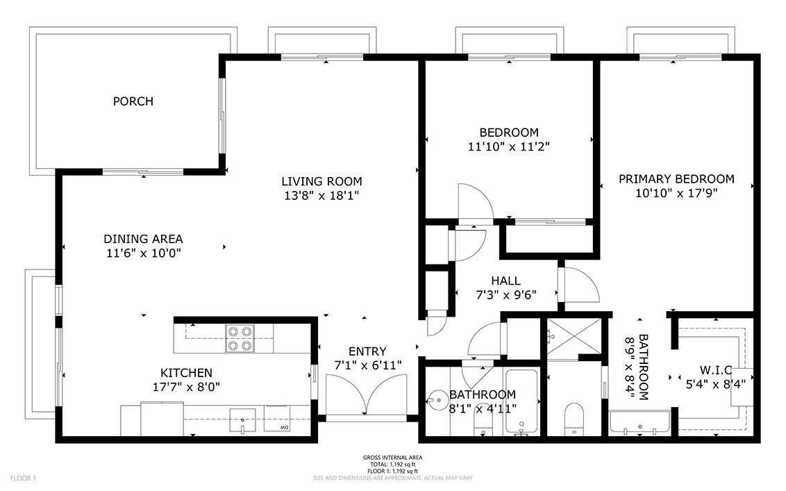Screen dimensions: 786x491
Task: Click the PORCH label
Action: click(x=133, y=101)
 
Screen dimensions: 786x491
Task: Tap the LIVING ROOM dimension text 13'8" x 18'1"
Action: click(x=321, y=196)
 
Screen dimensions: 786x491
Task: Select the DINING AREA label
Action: click(x=143, y=239)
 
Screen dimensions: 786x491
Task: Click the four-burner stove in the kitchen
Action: click(x=240, y=338)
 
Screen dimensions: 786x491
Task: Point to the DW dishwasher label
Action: click(x=284, y=427)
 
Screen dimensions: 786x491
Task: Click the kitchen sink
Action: click(x=242, y=420)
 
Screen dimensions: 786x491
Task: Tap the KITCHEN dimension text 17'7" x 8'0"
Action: click(x=187, y=387)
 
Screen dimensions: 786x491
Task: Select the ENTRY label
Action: click(x=367, y=351)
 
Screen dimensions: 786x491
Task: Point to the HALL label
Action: click(x=505, y=281)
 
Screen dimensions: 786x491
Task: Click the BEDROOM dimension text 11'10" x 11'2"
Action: click(x=509, y=147)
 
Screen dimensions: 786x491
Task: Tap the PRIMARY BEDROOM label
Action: click(x=676, y=179)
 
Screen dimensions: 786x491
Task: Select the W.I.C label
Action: click(x=716, y=370)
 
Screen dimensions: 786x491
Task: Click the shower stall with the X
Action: click(x=574, y=339)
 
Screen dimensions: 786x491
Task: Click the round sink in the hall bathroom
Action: click(x=437, y=400)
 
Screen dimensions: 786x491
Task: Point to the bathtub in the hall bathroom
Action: click(x=521, y=401)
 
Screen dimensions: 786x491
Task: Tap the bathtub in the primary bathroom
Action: click(x=639, y=423)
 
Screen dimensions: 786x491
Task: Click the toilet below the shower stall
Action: click(x=574, y=419)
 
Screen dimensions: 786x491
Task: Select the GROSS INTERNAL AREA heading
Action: click(x=392, y=458)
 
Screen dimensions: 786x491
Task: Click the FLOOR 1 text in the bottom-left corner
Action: click(x=23, y=478)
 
